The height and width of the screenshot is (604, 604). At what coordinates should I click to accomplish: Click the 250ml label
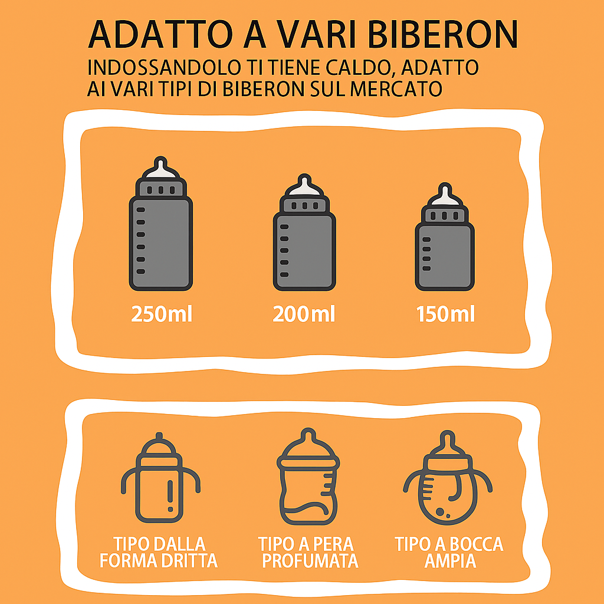coord(162,314)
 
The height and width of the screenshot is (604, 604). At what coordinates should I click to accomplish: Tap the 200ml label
coord(304,314)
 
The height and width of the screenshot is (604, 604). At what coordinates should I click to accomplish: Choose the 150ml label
coord(446,314)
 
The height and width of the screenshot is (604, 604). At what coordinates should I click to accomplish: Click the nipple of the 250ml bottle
coord(160,169)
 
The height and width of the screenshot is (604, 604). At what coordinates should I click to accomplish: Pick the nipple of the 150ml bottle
coord(445,195)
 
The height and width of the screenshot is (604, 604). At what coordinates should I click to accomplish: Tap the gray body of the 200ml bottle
coord(304,251)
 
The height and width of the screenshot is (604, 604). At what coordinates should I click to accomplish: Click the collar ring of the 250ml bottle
coord(160,189)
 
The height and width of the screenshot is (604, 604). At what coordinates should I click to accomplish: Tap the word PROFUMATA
coord(310,561)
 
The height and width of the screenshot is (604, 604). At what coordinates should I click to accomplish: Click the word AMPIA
coord(450,561)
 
